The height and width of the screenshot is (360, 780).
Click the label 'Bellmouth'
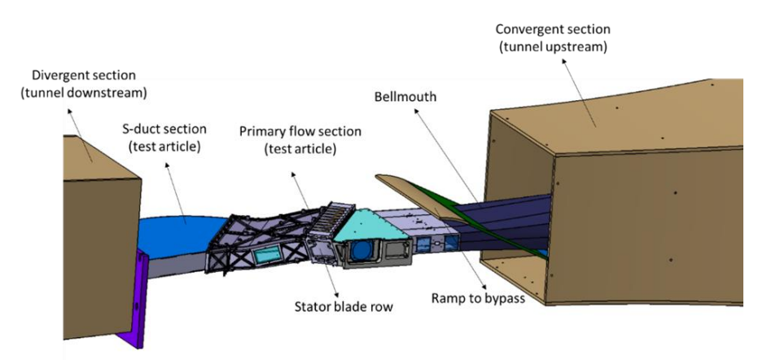tap(405, 97)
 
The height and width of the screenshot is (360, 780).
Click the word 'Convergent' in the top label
tap(529, 30)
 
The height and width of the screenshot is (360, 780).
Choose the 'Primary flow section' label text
tap(301, 131)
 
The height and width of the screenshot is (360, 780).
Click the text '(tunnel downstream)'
tap(84, 92)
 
